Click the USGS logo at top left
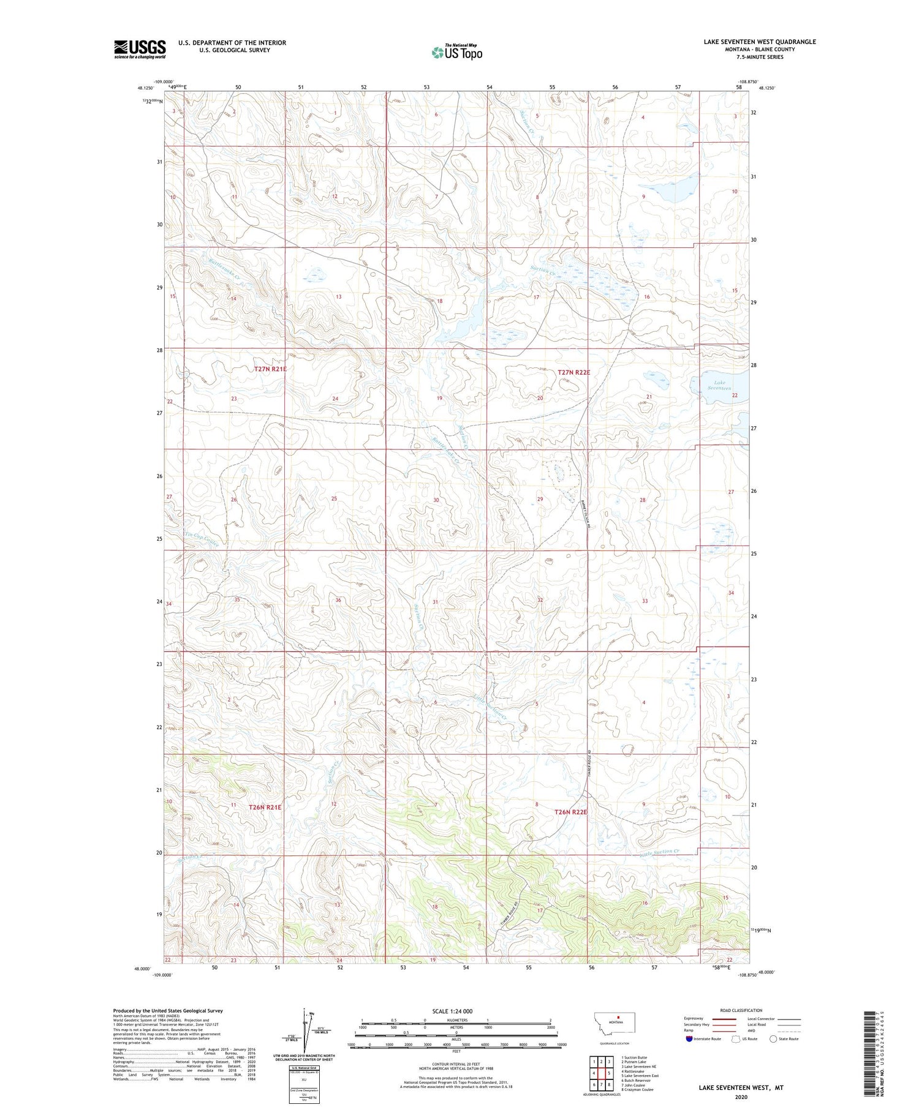tap(140, 49)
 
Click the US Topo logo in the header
tap(457, 53)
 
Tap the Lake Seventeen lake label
tap(719, 385)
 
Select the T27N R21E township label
tap(270, 369)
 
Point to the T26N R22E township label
tap(570, 812)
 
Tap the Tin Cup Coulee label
tap(202, 541)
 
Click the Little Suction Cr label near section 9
tap(660, 852)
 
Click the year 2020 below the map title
tap(741, 1097)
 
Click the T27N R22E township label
tap(573, 372)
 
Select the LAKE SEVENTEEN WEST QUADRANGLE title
tap(759, 42)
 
